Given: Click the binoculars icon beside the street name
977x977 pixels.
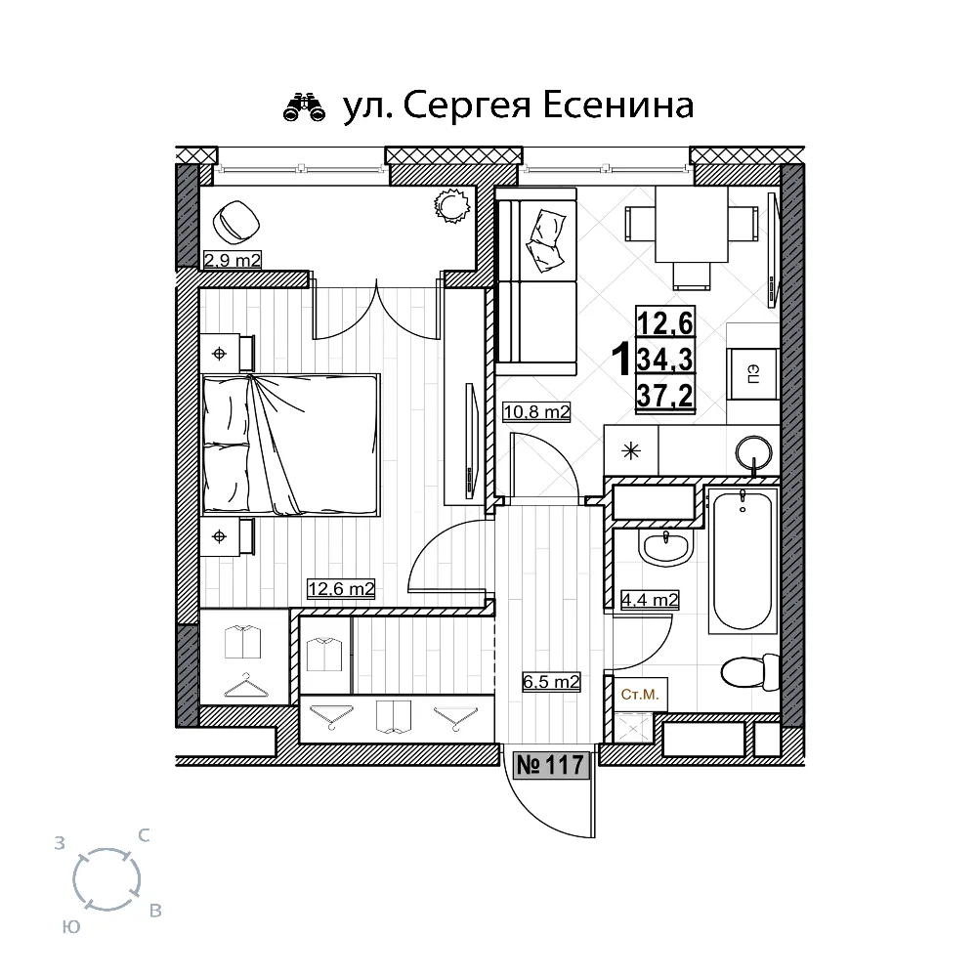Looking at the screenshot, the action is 304,106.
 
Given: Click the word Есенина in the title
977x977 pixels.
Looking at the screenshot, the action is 618,105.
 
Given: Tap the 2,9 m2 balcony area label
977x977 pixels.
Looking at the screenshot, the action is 233,259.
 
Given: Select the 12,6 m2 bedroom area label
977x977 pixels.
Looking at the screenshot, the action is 341,588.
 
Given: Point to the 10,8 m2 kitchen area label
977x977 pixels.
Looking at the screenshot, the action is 536,412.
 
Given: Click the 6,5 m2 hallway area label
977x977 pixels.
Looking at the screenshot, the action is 551,682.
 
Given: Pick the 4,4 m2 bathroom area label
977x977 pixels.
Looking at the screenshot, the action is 650,600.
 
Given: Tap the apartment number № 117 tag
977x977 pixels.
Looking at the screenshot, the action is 551,765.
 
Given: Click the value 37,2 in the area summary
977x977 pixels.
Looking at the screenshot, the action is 665,395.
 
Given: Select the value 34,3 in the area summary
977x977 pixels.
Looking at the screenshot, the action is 665,360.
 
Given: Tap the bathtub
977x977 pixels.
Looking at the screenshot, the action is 743,560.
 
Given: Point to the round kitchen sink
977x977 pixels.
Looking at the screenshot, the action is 754,451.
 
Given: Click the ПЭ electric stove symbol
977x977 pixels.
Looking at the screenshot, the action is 752,374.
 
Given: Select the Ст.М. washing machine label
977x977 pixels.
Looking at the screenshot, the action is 640,694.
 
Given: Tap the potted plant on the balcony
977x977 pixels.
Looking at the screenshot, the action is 451,205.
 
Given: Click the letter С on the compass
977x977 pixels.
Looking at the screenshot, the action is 144,835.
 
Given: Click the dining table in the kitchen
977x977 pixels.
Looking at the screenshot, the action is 692,225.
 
